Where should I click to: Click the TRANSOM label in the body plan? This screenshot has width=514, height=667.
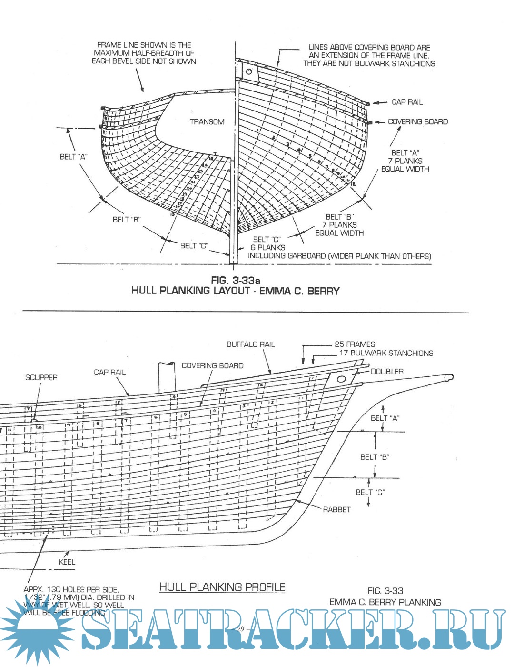(207, 122)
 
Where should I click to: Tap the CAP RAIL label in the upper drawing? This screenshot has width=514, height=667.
(407, 102)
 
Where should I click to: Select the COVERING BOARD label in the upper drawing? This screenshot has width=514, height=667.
(417, 122)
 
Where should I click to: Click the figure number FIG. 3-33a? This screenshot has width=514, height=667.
(236, 280)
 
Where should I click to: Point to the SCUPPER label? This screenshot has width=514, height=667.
(41, 377)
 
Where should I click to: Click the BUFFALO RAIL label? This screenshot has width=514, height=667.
(250, 344)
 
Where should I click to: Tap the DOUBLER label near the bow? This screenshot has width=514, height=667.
(387, 372)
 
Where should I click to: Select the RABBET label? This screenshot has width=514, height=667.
(336, 510)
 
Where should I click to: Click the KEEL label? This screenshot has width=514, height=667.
(67, 562)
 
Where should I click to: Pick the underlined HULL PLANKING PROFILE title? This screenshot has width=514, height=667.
(222, 587)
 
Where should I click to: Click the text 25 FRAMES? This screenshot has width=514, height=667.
(355, 344)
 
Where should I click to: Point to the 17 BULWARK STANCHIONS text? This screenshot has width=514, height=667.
(386, 353)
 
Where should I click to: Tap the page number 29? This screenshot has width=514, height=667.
(240, 629)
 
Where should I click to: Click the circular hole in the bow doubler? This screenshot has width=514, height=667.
(341, 380)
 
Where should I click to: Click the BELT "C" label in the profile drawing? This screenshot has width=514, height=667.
(370, 492)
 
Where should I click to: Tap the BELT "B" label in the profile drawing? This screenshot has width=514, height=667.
(375, 457)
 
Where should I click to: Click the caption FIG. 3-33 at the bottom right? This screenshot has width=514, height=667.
(385, 591)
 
